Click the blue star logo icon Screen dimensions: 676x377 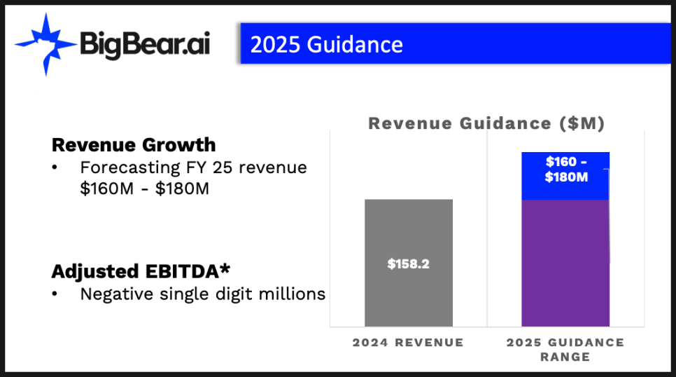click(46, 44)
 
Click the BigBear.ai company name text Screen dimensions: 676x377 click(145, 45)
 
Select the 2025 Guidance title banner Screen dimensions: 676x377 click(456, 43)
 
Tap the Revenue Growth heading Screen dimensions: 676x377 click(134, 144)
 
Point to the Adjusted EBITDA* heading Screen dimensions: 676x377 click(141, 271)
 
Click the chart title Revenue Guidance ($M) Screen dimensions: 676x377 click(486, 123)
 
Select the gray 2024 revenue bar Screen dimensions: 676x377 click(409, 263)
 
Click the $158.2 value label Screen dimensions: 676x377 click(408, 264)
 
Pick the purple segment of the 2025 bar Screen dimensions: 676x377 click(565, 263)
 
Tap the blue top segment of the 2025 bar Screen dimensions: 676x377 click(565, 176)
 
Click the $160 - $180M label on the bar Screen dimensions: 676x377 click(566, 170)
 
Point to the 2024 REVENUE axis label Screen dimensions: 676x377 click(408, 343)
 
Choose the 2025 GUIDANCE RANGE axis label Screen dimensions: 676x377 click(565, 350)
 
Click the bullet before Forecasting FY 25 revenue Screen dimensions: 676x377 click(55, 167)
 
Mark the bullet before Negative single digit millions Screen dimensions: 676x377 click(55, 294)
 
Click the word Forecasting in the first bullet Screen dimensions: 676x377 click(129, 167)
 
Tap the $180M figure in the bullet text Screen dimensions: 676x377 click(182, 188)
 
